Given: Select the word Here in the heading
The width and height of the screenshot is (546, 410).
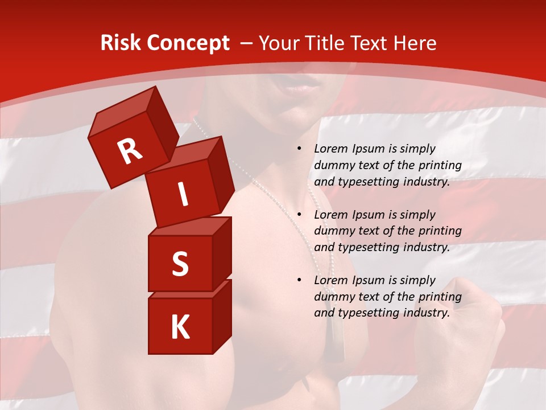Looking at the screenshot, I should (x=414, y=43).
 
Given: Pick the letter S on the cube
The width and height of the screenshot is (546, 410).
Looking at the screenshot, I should (x=180, y=264).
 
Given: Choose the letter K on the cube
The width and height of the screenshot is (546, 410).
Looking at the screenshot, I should (x=180, y=327).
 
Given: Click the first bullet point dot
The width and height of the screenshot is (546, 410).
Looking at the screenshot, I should (x=299, y=149).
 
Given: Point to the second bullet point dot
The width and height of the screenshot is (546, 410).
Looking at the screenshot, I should (x=299, y=215).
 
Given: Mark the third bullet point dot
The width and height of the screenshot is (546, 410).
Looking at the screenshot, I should (x=299, y=281).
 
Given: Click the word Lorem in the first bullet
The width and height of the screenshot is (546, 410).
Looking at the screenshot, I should (x=329, y=149).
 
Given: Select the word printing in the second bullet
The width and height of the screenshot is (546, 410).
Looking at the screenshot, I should (x=439, y=231).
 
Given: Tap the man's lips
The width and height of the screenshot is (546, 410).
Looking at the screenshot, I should (x=304, y=85).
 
